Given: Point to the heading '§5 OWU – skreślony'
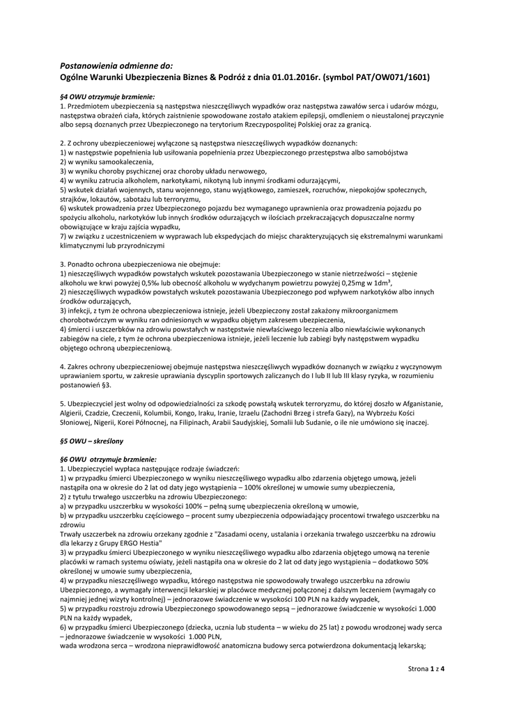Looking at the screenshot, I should coord(99,441).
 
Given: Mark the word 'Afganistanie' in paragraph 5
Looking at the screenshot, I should coord(420,404).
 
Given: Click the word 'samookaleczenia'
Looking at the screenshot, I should coord(114,162).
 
